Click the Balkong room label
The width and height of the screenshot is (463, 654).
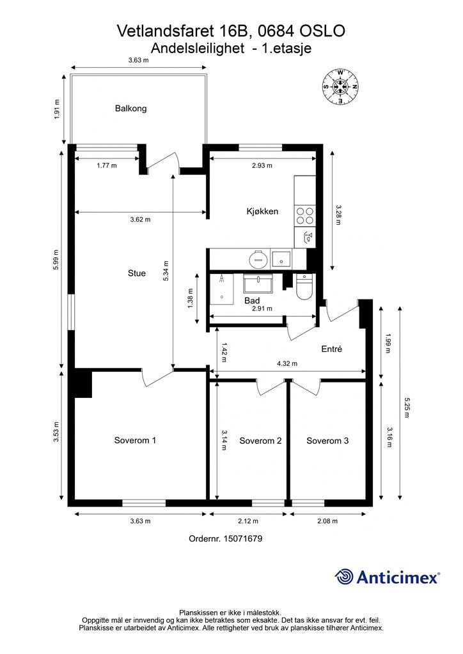[130, 109]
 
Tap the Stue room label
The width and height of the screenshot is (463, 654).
[136, 273]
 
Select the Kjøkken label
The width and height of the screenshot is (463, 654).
[262, 211]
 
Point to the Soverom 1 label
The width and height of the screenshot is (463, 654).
[135, 441]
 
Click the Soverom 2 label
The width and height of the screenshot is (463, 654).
[260, 441]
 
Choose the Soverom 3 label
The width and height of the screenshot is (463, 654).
[327, 441]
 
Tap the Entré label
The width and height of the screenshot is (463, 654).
[331, 349]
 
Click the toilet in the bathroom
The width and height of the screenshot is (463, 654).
[304, 287]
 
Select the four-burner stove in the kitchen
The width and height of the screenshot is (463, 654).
[305, 216]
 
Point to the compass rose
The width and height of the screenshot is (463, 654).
[340, 87]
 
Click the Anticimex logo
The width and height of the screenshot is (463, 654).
[387, 577]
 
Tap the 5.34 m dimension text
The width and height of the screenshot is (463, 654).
[166, 271]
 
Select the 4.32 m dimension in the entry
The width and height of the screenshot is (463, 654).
[287, 363]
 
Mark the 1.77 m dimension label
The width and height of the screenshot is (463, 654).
[106, 165]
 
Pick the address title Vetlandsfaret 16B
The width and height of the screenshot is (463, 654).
[185, 31]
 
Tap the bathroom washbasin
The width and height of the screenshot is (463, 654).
[258, 283]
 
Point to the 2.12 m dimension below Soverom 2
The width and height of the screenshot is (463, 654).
[248, 521]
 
